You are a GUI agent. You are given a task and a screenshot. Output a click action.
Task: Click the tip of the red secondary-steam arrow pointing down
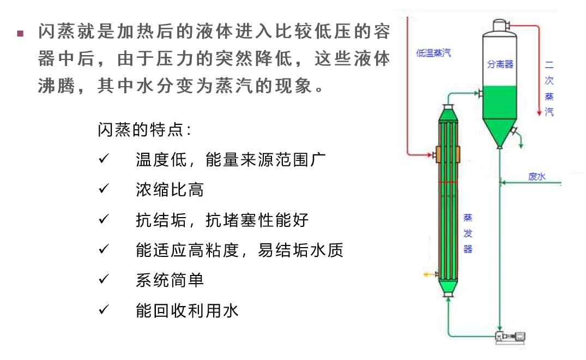[539, 116]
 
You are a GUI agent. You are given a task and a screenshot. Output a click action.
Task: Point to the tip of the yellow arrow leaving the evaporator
[424, 275]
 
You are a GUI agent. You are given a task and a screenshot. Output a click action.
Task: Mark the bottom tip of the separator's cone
[499, 148]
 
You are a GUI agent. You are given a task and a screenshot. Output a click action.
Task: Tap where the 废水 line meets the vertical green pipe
[500, 183]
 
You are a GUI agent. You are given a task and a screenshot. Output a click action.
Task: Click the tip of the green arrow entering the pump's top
[500, 331]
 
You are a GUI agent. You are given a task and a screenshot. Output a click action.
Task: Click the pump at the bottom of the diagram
[510, 337]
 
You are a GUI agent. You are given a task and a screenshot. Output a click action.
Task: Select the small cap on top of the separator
[500, 26]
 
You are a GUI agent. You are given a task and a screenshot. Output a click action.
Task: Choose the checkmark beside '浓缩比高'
[104, 188]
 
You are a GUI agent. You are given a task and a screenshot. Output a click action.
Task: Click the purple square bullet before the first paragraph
[21, 34]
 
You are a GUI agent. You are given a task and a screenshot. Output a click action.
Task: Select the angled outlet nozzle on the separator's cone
[514, 131]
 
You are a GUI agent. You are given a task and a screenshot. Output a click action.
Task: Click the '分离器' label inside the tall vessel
[500, 64]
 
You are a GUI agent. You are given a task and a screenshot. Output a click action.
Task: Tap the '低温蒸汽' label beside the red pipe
[433, 53]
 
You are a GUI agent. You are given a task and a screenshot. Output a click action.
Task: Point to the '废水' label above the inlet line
[537, 176]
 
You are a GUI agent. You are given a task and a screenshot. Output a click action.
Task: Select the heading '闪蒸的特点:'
[144, 130]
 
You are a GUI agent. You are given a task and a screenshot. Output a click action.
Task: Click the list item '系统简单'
[170, 280]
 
